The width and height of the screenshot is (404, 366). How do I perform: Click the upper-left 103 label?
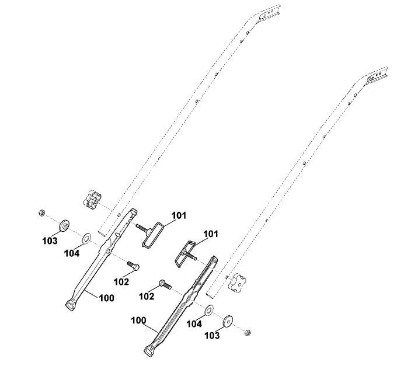[50, 241]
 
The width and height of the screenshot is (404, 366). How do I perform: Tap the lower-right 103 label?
[212, 336]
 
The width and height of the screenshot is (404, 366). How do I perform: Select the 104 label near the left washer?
[72, 253]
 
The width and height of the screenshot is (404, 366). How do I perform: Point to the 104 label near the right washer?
[194, 324]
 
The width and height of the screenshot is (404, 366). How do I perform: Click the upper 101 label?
[179, 215]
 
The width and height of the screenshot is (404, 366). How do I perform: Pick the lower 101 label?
[211, 234]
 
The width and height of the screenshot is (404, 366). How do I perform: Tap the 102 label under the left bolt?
[121, 282]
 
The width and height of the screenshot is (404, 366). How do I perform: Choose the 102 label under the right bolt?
[147, 297]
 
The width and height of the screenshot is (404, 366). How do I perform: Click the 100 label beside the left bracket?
[106, 298]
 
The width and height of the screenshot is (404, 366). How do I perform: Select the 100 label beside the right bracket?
[138, 320]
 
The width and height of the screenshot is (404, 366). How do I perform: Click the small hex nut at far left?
[41, 212]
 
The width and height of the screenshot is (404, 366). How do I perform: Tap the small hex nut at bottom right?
[248, 333]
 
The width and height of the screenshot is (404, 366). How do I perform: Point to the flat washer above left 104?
[86, 238]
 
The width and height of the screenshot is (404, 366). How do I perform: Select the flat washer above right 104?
[209, 310]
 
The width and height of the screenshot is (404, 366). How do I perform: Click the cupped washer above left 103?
[64, 226]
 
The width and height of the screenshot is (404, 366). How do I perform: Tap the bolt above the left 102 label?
[133, 266]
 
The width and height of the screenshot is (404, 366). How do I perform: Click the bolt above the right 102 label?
[165, 284]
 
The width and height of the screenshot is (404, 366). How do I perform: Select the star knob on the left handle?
[92, 200]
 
